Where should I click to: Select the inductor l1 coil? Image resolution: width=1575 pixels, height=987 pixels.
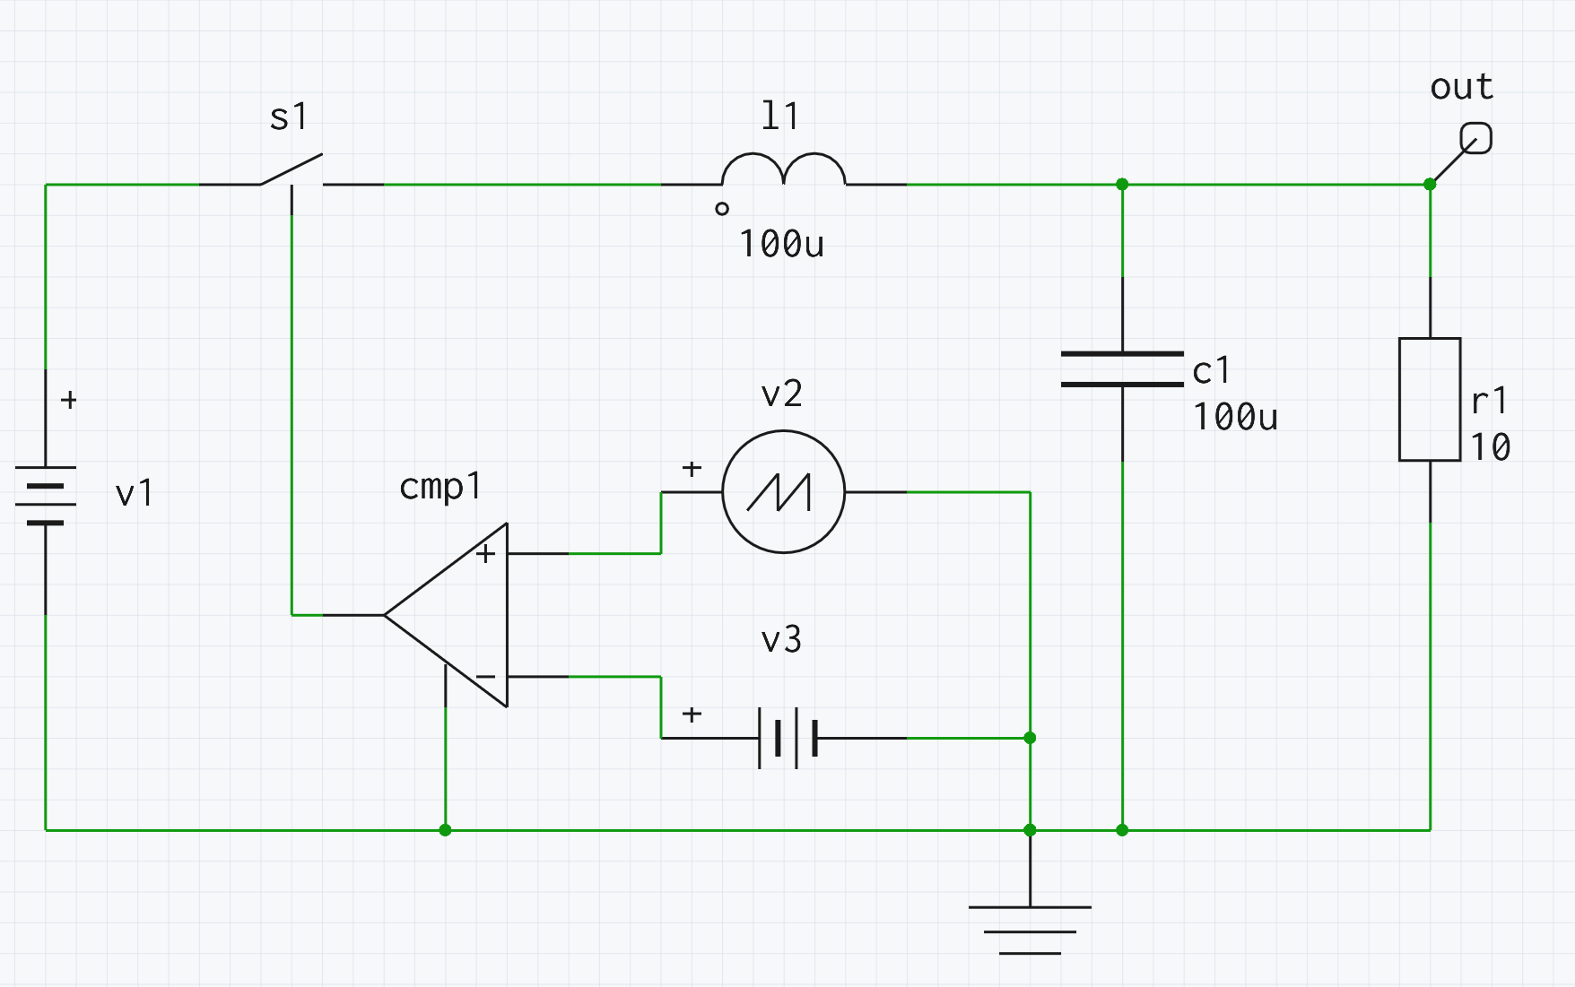783,170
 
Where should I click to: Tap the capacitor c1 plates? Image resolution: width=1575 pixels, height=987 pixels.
1122,369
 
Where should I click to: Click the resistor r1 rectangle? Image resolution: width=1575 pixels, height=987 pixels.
1430,400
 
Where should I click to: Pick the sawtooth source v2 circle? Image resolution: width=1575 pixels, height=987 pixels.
783,492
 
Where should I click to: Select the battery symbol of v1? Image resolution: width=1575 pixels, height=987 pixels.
46,495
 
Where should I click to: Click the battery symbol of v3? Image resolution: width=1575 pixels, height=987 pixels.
787,738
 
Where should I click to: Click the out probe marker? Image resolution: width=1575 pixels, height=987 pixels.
1476,139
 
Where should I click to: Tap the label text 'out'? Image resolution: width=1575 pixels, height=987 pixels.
1461,88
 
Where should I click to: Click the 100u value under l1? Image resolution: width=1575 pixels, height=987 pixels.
781,245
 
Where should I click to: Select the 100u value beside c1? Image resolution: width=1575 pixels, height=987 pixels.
1235,418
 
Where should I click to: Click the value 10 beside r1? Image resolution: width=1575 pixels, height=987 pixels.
1490,446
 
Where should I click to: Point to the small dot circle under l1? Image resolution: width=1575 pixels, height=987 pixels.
722,209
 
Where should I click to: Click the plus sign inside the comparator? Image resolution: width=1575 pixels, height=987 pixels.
485,554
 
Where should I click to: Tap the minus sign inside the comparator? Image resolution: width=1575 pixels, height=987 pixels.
485,677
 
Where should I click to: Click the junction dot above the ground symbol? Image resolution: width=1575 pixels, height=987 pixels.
1030,830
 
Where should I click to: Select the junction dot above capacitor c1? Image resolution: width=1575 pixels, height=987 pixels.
1122,185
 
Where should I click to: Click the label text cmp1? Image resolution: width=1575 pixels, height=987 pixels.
439,487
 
